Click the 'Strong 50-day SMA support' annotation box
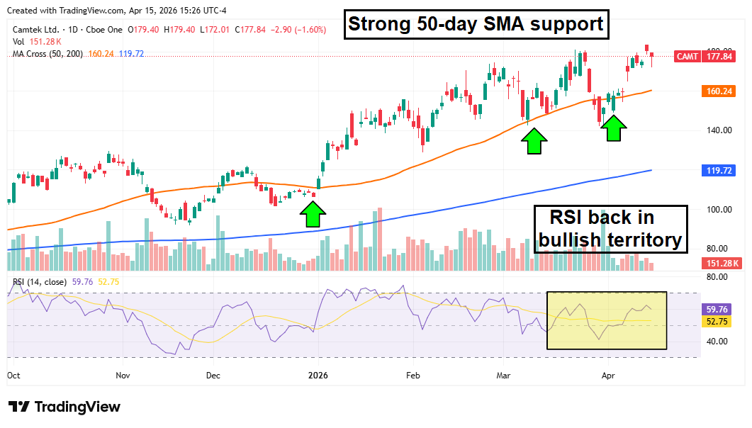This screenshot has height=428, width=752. [x=475, y=25]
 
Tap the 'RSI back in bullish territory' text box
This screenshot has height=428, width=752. [x=610, y=228]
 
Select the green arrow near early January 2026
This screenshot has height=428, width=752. [x=312, y=214]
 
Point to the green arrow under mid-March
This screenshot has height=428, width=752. [x=534, y=141]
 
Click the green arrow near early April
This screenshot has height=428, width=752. [x=613, y=128]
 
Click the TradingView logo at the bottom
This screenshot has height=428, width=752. [x=64, y=407]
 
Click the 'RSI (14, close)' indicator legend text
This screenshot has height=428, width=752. [x=40, y=282]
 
